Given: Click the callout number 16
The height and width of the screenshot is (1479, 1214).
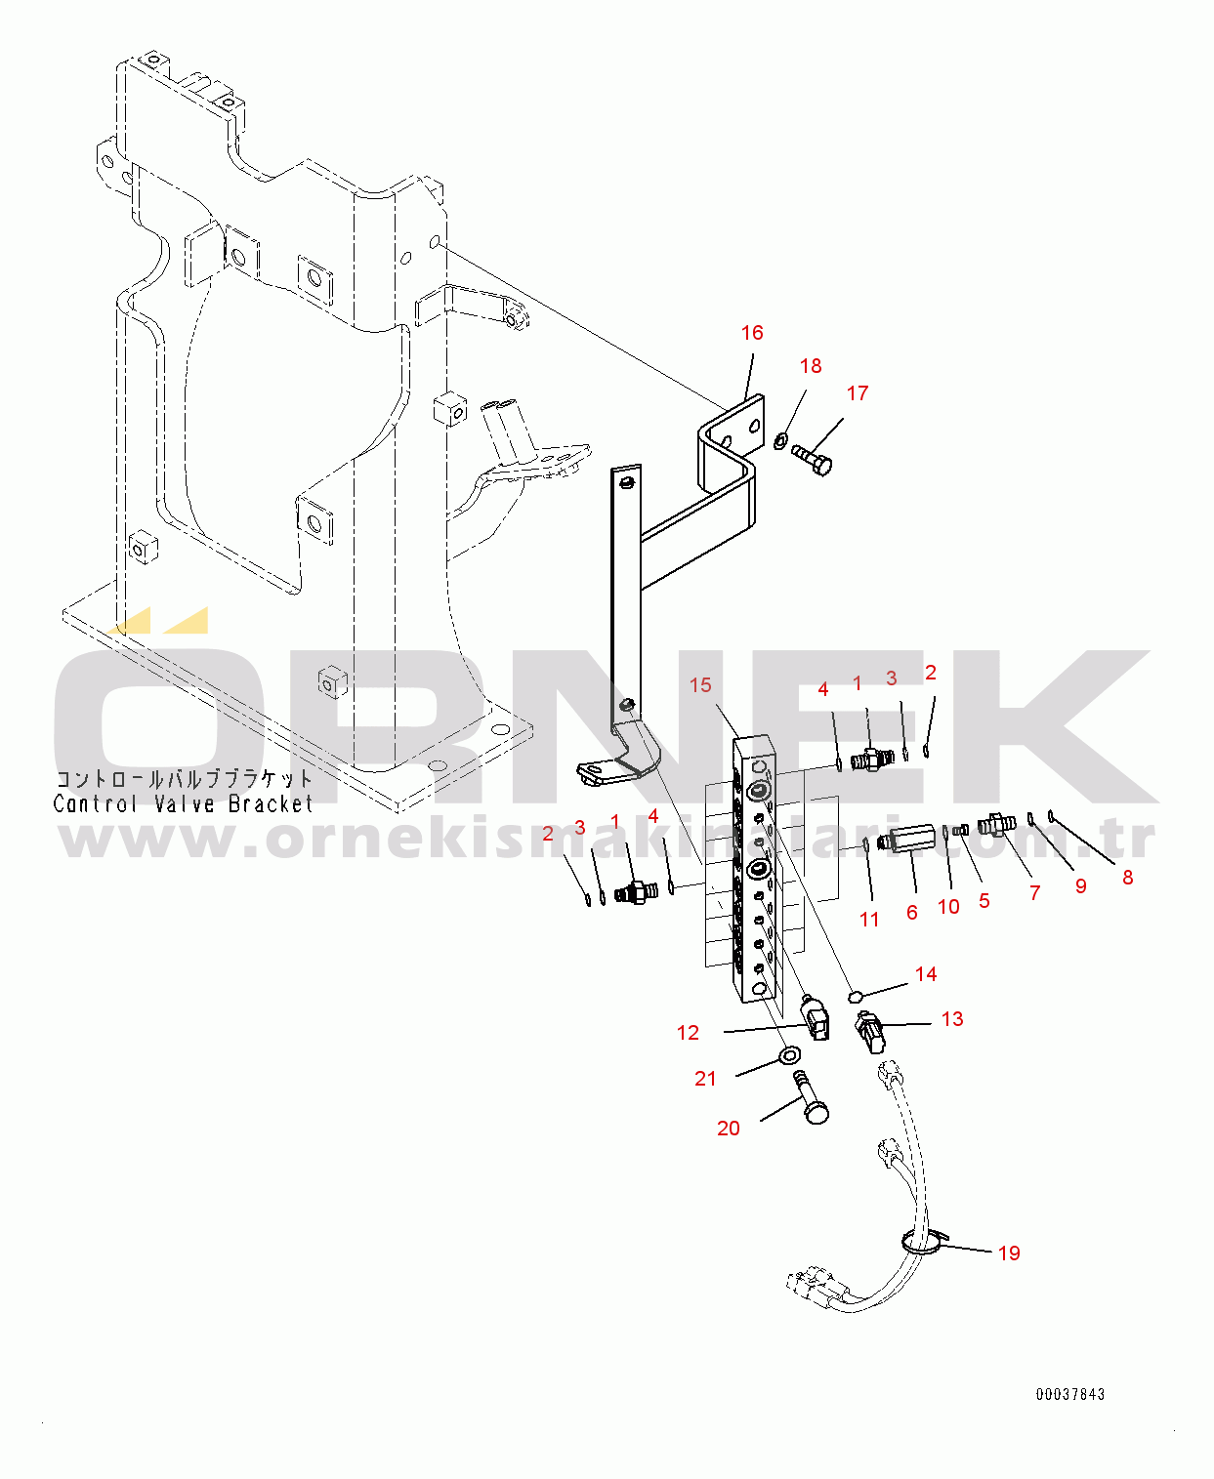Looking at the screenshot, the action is (x=752, y=333).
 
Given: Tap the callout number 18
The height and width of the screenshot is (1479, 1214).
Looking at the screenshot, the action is (x=811, y=366).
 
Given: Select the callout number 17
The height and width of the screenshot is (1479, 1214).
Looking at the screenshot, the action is (x=858, y=393).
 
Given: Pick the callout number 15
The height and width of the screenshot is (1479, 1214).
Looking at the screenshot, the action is (x=700, y=685).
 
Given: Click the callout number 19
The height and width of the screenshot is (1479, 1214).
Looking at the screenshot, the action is (x=1009, y=1253).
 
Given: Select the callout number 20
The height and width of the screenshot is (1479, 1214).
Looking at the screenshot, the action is (x=729, y=1129).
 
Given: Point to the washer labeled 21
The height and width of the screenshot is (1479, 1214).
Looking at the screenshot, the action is (x=790, y=1054).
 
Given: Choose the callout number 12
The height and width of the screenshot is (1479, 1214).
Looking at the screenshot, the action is (x=688, y=1033).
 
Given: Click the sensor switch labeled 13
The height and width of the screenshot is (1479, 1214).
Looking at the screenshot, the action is (x=869, y=1032).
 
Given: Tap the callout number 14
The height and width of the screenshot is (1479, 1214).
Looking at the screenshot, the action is (x=926, y=974).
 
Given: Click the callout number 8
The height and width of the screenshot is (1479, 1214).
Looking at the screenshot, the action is (x=1128, y=878).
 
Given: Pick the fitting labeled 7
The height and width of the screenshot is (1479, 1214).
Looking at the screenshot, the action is (x=996, y=824).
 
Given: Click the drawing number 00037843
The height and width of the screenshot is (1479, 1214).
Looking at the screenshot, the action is (x=1070, y=1394).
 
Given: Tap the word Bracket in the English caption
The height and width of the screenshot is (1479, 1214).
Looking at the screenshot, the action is (x=271, y=803).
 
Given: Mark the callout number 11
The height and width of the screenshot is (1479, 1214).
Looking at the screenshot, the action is (x=869, y=920).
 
